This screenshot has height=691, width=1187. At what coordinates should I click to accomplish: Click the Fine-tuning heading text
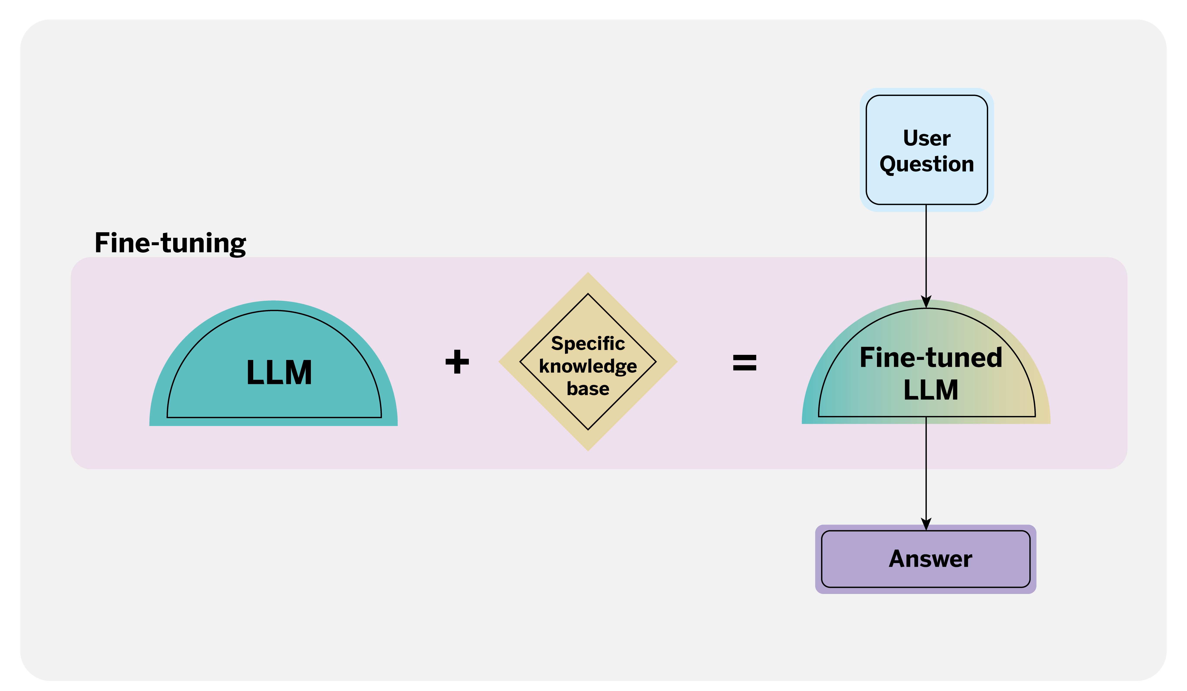point(170,243)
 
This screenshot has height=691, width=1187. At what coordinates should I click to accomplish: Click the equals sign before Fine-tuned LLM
point(744,363)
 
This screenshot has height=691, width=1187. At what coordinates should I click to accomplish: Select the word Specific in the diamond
point(588,343)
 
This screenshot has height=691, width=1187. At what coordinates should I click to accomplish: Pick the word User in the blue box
point(927,138)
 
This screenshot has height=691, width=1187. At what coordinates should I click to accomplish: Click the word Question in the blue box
point(927,164)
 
